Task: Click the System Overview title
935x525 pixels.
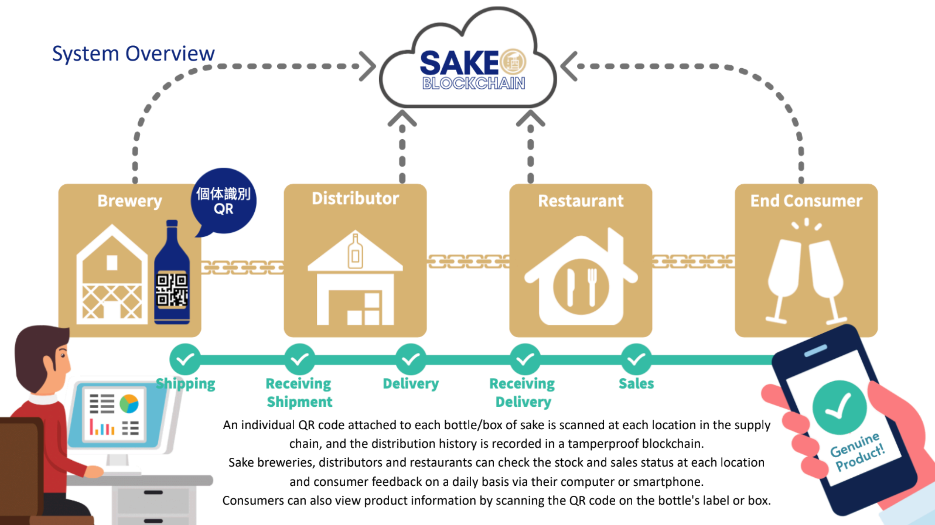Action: point(133,54)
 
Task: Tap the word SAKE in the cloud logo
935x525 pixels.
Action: point(459,63)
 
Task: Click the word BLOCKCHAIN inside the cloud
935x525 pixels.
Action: point(473,83)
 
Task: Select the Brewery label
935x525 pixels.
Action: point(129,201)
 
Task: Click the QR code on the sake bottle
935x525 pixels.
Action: point(171,290)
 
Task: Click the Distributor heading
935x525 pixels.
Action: point(355,198)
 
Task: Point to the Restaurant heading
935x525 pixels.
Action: point(580,201)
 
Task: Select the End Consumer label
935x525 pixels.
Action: point(806,201)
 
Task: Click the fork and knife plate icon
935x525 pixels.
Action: point(581,287)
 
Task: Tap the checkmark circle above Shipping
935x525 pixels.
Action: point(185,359)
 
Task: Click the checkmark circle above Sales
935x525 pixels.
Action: point(636,359)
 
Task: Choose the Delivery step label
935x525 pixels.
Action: point(411,383)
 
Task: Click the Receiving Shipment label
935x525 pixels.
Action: point(299,393)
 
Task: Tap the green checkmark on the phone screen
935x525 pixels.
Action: point(839,407)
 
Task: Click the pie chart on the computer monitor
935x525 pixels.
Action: point(129,404)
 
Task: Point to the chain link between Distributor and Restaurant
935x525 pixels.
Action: point(468,261)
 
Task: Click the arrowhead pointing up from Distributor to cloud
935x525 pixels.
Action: point(402,118)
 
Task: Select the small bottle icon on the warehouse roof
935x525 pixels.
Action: point(355,251)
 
